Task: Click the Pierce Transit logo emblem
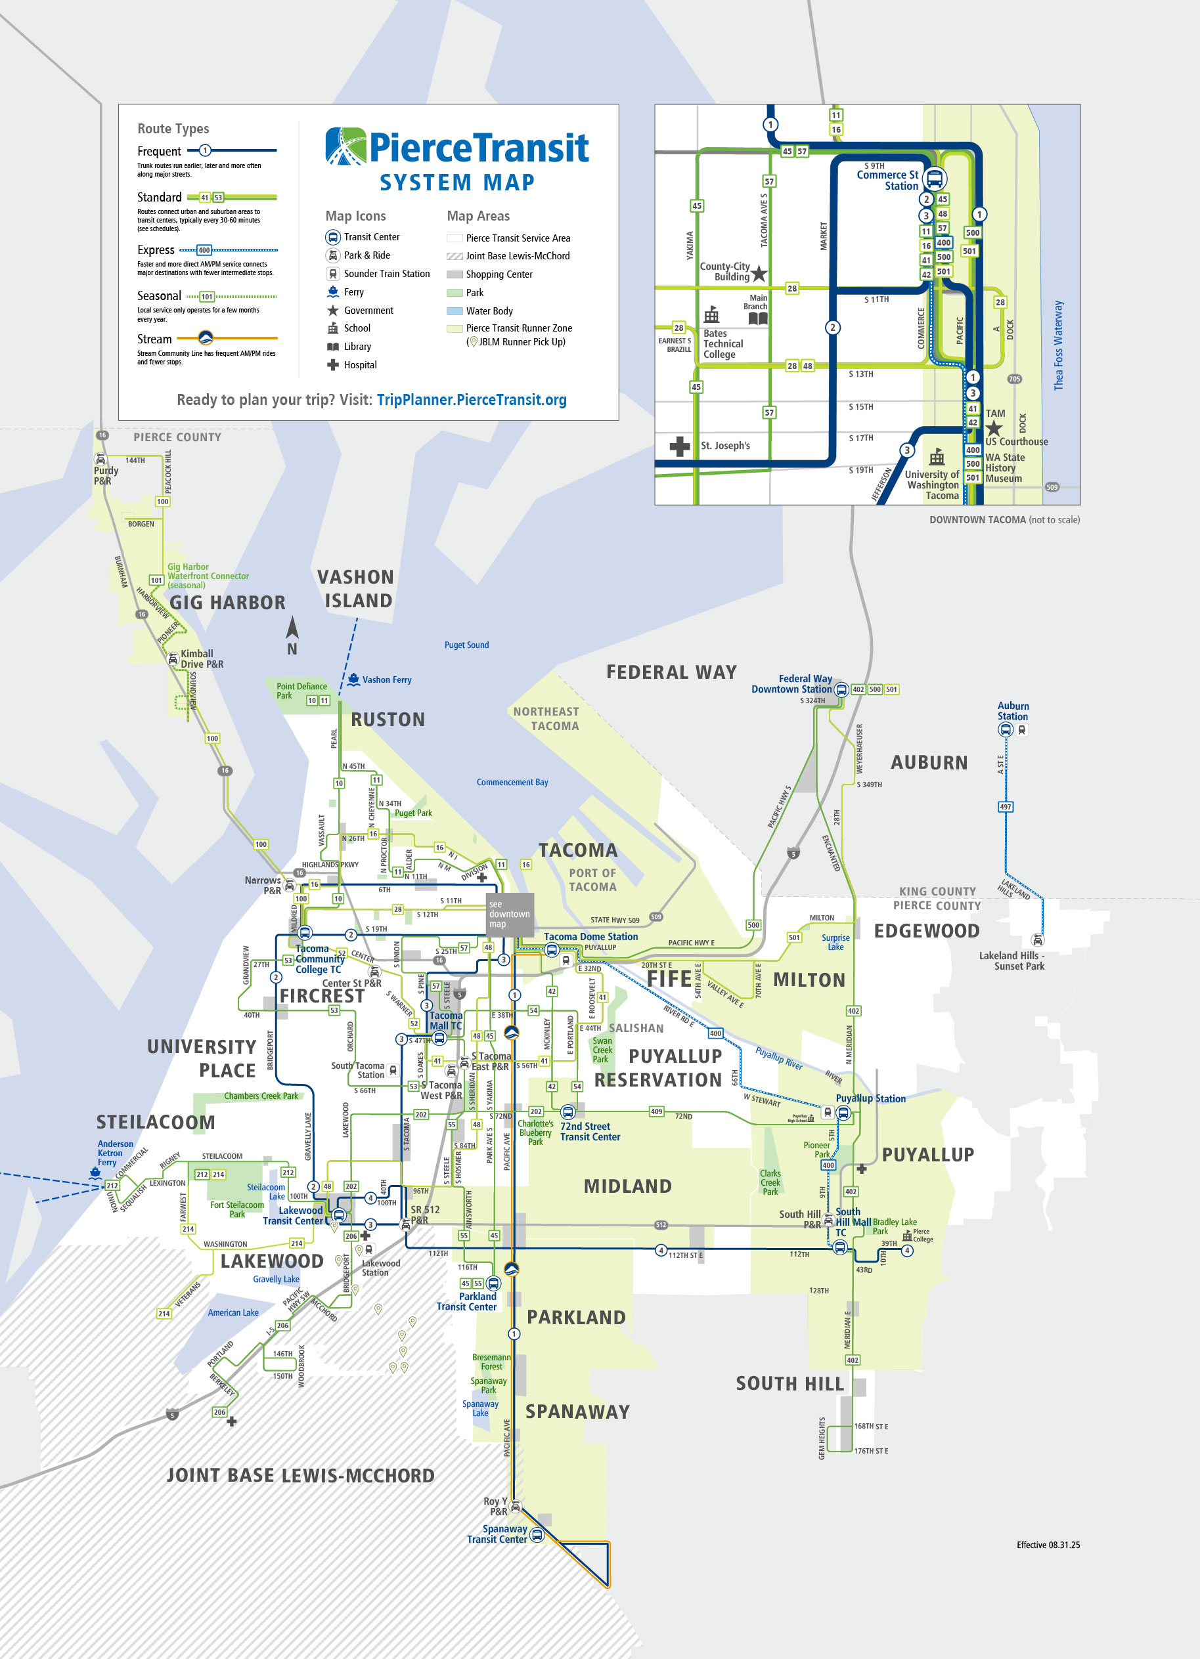click(x=345, y=146)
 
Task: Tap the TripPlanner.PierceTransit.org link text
click(x=471, y=400)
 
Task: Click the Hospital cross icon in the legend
click(x=332, y=365)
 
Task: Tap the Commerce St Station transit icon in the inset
click(x=935, y=179)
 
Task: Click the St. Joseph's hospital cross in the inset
click(x=680, y=446)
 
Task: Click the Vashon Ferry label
click(x=386, y=679)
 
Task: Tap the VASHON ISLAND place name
click(x=357, y=589)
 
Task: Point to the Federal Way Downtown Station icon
click(x=841, y=689)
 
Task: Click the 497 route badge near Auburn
click(x=1006, y=807)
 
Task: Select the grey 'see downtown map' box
click(x=510, y=915)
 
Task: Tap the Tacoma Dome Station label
click(x=590, y=936)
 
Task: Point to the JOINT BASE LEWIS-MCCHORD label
click(x=300, y=1476)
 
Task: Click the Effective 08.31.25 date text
click(x=1048, y=1545)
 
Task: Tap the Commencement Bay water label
click(x=512, y=782)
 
